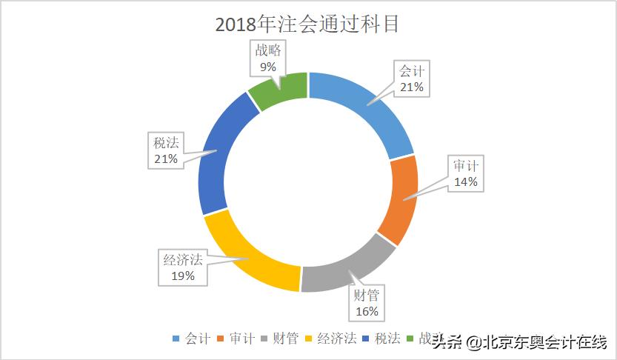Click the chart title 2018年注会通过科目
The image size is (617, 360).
pyautogui.click(x=307, y=24)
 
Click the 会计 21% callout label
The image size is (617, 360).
pyautogui.click(x=411, y=79)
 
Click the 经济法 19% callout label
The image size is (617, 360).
pyautogui.click(x=183, y=267)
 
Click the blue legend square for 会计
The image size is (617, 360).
pyautogui.click(x=176, y=339)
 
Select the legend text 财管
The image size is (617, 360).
pyautogui.click(x=287, y=339)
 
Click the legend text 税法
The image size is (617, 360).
pyautogui.click(x=387, y=339)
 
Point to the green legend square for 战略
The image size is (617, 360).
pyautogui.click(x=410, y=339)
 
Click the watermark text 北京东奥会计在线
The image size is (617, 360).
pyautogui.click(x=544, y=342)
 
